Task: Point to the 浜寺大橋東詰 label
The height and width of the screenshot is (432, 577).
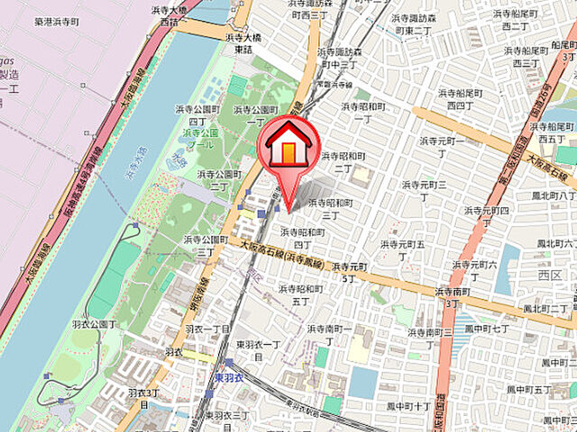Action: click(238, 43)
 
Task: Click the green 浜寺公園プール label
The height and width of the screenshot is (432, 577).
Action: click(201, 138)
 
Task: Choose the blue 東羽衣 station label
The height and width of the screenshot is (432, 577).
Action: click(229, 377)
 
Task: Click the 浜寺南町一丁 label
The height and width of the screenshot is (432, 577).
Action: click(328, 335)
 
